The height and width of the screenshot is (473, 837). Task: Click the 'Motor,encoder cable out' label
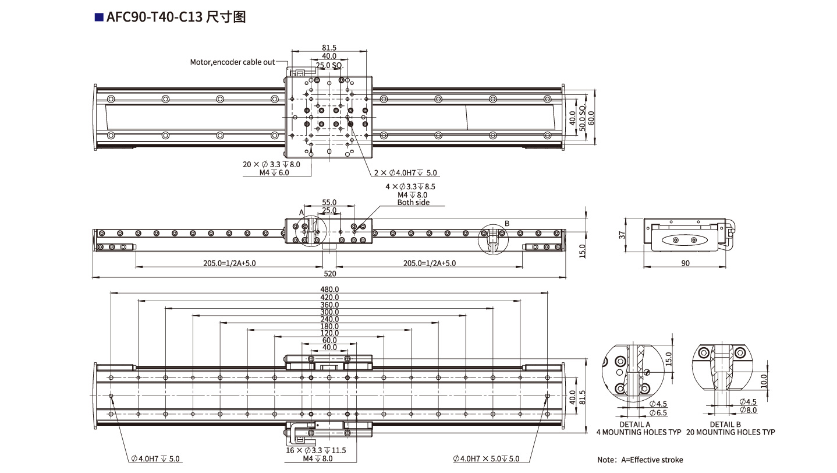click(232, 62)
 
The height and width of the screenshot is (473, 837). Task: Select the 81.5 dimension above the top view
click(329, 48)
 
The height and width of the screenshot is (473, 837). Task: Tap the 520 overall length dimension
click(329, 273)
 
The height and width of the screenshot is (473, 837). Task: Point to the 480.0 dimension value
click(329, 289)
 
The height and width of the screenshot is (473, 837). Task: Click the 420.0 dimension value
click(329, 297)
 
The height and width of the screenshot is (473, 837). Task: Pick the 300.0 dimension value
click(329, 312)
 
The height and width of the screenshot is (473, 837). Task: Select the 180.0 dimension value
click(329, 326)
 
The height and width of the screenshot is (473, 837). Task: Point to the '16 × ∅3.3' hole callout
click(317, 450)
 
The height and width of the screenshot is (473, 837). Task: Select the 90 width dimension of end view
click(685, 263)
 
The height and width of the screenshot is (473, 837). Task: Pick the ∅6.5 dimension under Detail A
click(658, 412)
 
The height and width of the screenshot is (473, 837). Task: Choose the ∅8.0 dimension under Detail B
click(748, 410)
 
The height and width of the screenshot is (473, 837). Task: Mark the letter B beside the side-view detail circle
click(506, 223)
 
